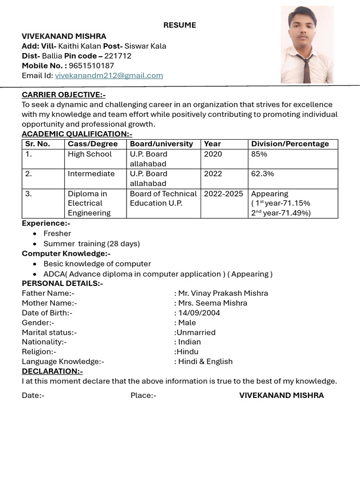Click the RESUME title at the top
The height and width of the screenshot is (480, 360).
[180, 25]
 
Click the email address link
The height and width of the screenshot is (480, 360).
[109, 75]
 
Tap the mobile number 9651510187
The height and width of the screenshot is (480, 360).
[91, 66]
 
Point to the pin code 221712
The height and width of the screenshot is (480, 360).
[118, 56]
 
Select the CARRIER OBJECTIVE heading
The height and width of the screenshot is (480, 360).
[64, 95]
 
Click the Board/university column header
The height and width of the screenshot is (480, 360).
[161, 144]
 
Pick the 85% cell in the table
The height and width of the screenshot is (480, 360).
[259, 154]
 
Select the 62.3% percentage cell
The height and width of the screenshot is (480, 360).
[262, 174]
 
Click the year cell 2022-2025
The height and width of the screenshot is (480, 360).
[224, 194]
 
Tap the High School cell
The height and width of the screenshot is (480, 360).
[90, 154]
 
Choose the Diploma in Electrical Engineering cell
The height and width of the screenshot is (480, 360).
[89, 203]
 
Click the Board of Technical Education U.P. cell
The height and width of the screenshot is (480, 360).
[163, 198]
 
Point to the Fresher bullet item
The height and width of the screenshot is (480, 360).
[57, 233]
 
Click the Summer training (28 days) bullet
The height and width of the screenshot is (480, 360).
[91, 244]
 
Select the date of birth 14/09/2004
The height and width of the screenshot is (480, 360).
[199, 313]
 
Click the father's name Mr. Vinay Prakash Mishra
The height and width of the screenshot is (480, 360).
[223, 293]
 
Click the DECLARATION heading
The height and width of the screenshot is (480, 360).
[52, 371]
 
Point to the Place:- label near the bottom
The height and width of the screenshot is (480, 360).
[143, 395]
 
